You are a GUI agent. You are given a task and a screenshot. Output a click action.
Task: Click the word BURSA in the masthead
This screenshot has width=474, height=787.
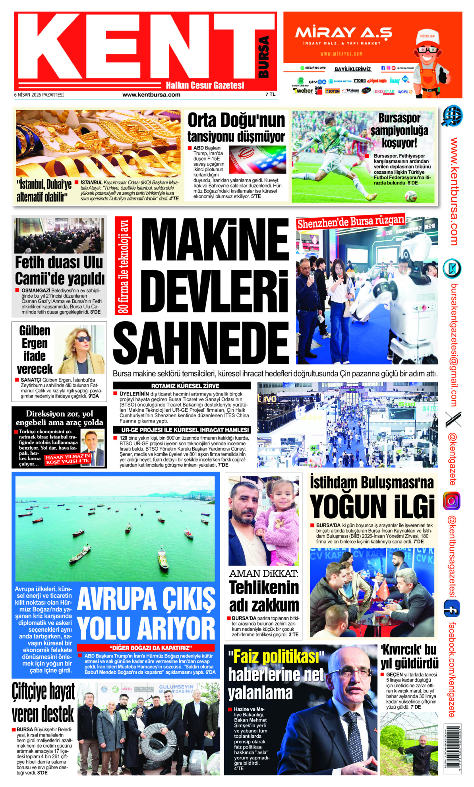[x=263, y=57]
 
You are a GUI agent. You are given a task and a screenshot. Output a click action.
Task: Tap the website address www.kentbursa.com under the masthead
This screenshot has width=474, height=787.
[x=151, y=95]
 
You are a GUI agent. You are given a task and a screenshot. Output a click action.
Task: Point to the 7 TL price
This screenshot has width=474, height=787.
[x=270, y=95]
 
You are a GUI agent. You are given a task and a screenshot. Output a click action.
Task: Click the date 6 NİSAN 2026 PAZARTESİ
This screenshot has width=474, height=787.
[x=39, y=95]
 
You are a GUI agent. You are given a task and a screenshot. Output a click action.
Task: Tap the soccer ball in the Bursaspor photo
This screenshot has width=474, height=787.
[x=410, y=196]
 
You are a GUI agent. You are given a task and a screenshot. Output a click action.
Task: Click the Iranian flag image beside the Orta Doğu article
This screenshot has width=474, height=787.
[x=257, y=159]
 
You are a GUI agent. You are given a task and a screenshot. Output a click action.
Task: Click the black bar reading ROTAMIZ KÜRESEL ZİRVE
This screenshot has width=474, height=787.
[x=182, y=386]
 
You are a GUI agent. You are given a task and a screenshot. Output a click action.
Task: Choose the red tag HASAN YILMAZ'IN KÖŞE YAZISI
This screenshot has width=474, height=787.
[x=68, y=459]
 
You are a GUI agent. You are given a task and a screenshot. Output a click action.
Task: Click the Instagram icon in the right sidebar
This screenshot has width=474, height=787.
[x=452, y=501]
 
